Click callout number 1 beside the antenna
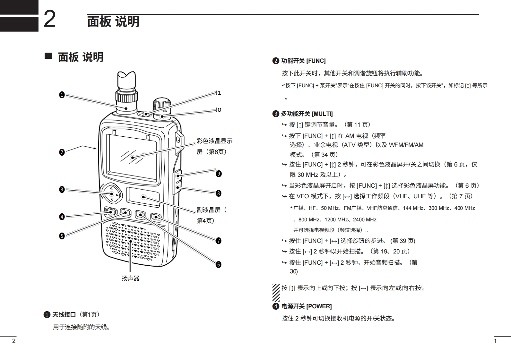point(62,95)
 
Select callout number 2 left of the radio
point(62,152)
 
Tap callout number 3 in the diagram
point(62,189)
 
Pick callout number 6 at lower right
point(219,264)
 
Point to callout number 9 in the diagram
point(219,174)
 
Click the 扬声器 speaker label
point(131,278)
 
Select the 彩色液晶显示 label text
point(214,141)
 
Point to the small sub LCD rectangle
point(143,197)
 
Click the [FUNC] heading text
point(316,61)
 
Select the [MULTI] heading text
point(322,114)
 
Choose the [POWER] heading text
point(319,306)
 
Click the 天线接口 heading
point(64,315)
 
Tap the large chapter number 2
point(49,19)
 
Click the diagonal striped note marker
point(276,293)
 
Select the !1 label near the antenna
point(219,93)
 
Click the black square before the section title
point(48,56)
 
